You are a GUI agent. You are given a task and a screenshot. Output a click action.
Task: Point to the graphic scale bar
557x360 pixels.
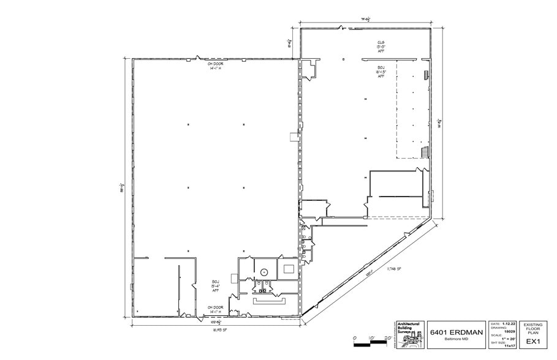coord(371,343)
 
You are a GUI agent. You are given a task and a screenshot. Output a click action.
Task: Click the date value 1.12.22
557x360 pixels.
coord(506,323)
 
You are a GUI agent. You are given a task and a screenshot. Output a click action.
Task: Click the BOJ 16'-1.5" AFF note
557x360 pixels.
coord(381,71)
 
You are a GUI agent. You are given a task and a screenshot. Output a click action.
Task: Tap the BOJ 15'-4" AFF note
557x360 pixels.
coord(215,286)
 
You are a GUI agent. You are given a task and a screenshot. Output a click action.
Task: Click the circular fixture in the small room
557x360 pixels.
coord(263,271)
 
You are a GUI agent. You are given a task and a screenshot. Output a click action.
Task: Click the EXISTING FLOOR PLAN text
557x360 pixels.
coord(533,328)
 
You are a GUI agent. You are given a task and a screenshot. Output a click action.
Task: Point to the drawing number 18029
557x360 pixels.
coord(509,331)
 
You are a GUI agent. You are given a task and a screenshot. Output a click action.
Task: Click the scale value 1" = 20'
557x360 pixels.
coord(507,339)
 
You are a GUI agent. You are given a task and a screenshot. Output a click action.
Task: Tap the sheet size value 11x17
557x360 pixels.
coord(509,347)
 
